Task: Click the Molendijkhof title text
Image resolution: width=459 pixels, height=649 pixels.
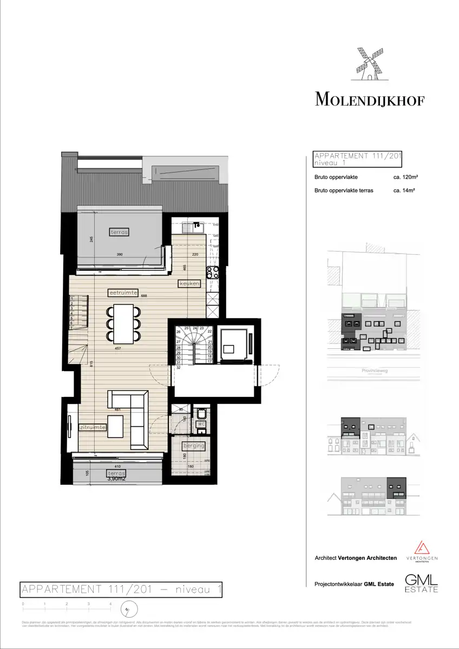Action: coord(370,100)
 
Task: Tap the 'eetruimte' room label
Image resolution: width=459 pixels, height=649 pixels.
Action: coord(122,293)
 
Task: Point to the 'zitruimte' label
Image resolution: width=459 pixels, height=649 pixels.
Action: coord(92,427)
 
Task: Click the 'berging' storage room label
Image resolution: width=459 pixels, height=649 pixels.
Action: coord(193,446)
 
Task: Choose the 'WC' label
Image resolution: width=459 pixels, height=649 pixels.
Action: coord(200,425)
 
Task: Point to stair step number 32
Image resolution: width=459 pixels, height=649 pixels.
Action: coord(178,368)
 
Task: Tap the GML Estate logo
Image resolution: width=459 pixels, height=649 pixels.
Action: coord(422,582)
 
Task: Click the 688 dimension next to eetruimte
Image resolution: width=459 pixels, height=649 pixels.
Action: coord(144,296)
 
